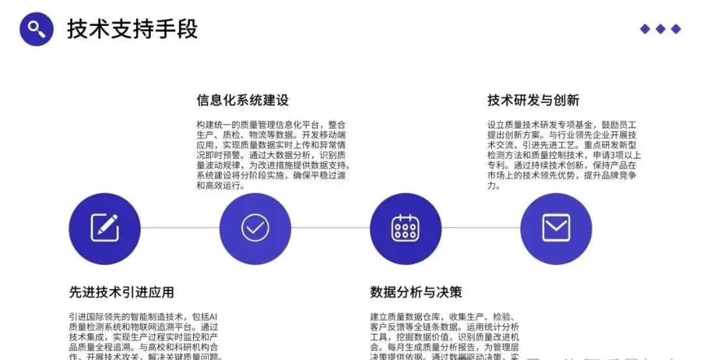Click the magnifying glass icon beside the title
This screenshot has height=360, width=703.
tap(36, 29)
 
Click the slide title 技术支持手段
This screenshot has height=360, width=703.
tap(132, 29)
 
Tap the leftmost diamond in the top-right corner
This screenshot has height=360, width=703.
tap(645, 29)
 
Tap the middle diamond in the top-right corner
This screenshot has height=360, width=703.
tap(661, 29)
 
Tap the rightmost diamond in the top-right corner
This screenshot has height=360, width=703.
tap(676, 29)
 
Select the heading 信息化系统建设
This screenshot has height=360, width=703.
tap(242, 100)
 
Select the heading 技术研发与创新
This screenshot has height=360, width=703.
tap(533, 100)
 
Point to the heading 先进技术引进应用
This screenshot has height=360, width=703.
tap(122, 292)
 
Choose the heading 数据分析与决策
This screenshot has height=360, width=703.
tap(416, 292)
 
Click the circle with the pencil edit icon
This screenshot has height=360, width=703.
tap(104, 228)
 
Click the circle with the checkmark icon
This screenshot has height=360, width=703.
tap(255, 228)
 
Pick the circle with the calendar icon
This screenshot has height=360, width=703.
tap(406, 228)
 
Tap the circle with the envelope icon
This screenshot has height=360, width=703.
tap(556, 228)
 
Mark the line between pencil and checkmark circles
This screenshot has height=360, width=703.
tap(180, 228)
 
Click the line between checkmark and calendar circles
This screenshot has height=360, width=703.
tap(330, 228)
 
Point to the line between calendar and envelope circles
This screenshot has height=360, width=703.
tap(481, 228)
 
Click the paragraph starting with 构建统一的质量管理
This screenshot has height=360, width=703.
tap(273, 154)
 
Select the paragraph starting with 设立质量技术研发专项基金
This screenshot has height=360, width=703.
tap(564, 154)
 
